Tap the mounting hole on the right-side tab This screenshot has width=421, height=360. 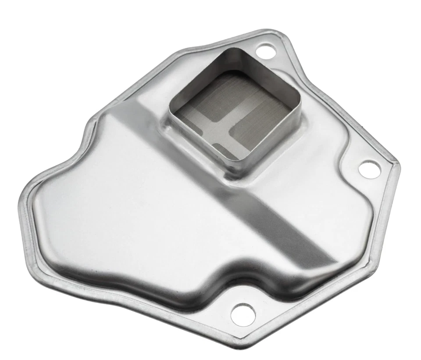tap(369, 169)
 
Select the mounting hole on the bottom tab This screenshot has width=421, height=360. tap(243, 312)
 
